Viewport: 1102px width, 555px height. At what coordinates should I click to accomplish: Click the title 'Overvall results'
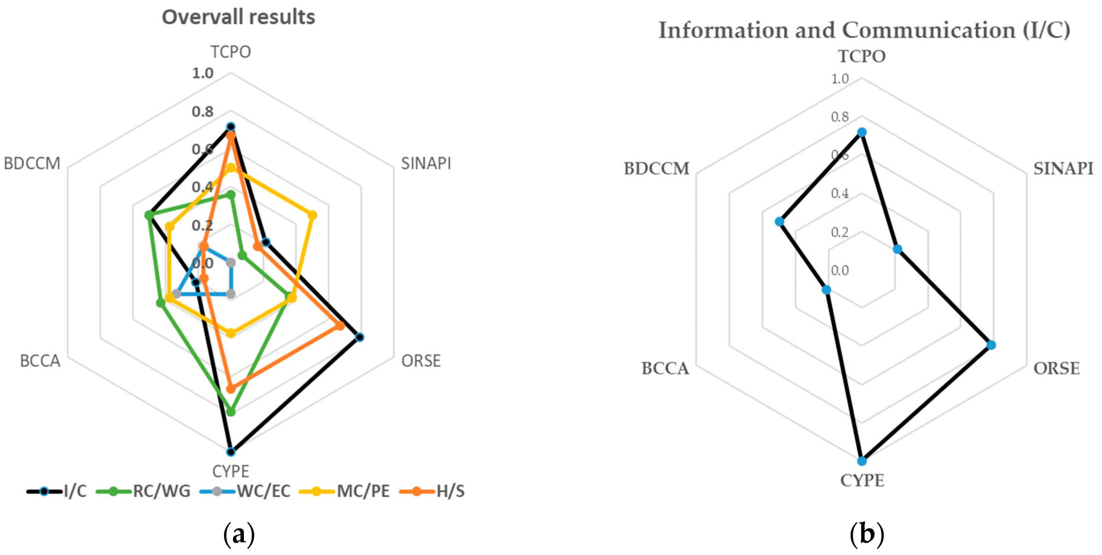click(x=238, y=17)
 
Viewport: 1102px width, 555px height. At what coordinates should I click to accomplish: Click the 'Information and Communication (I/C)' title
click(x=864, y=31)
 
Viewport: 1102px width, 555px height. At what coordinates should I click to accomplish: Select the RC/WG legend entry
click(x=143, y=491)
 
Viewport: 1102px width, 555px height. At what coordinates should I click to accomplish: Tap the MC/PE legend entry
click(x=344, y=491)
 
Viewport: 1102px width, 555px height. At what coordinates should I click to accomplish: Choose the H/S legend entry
click(x=432, y=491)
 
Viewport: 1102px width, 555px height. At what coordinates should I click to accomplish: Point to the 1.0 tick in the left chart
click(x=202, y=73)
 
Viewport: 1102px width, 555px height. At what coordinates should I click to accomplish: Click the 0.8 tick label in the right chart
click(x=840, y=117)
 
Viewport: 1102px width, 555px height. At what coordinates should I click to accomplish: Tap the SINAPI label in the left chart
click(x=426, y=163)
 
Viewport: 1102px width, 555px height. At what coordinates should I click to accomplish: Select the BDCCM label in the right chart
click(x=657, y=169)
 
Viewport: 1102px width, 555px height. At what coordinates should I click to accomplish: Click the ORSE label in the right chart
click(x=1056, y=368)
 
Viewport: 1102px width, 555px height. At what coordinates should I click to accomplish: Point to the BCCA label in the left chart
click(x=40, y=361)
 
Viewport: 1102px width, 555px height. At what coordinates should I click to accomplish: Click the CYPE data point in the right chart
click(x=862, y=461)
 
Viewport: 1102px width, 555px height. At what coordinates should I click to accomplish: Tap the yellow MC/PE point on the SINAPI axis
click(x=312, y=215)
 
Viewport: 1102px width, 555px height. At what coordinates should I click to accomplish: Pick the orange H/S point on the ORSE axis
click(x=340, y=326)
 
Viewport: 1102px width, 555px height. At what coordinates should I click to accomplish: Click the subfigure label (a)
click(x=239, y=534)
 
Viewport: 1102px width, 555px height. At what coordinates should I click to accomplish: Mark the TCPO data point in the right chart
click(x=862, y=133)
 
